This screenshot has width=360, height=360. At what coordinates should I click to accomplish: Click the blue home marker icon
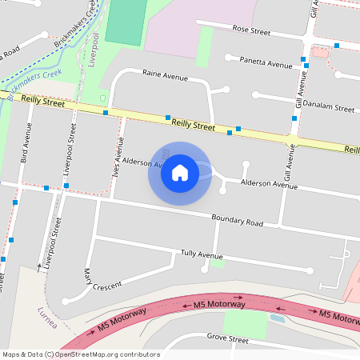[x=180, y=173]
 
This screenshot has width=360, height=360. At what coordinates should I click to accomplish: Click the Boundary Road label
[x=237, y=221]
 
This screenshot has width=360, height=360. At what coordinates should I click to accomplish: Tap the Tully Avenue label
[x=202, y=255]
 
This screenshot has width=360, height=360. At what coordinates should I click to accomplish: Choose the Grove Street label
[x=228, y=339]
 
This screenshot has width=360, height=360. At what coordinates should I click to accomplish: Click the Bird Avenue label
[x=26, y=148]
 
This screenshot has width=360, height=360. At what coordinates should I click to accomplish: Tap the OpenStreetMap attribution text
[x=82, y=354]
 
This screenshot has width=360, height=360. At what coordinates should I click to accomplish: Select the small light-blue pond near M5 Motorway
[x=277, y=318]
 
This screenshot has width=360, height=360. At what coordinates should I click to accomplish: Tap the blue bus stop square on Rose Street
[x=338, y=46]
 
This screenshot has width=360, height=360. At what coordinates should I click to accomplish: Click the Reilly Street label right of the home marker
[x=193, y=126]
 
